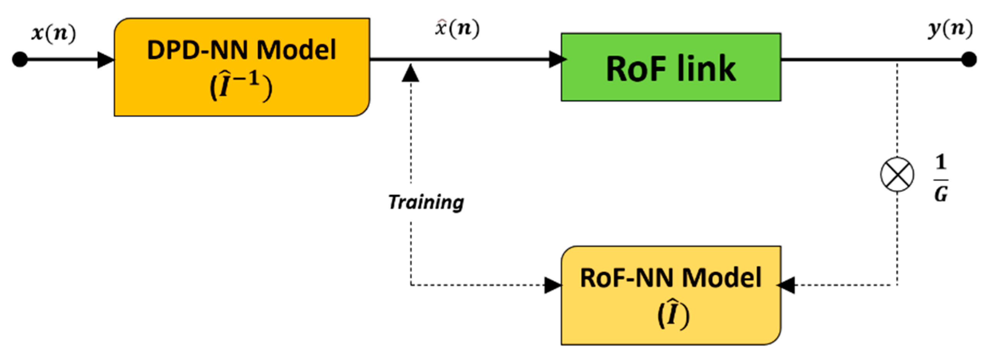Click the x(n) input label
pyautogui.click(x=53, y=34)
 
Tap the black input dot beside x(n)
pyautogui.click(x=20, y=60)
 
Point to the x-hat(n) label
pyautogui.click(x=457, y=29)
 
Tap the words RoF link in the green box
pyautogui.click(x=671, y=69)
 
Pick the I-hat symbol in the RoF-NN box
pyautogui.click(x=672, y=315)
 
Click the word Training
pyautogui.click(x=426, y=202)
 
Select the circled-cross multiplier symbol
pyautogui.click(x=897, y=174)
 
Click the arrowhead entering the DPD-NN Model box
pyautogui.click(x=105, y=60)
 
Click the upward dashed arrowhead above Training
pyautogui.click(x=410, y=73)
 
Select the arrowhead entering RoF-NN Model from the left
pyautogui.click(x=553, y=285)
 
